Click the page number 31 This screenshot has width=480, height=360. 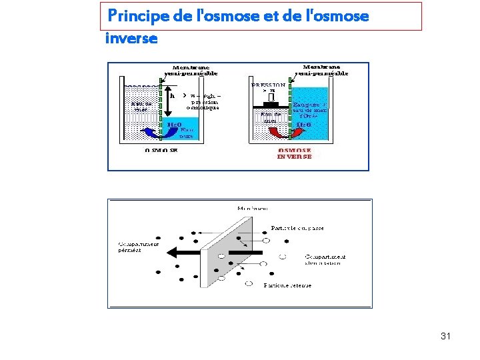pos(445,336)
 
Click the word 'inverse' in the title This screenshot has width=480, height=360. pos(131,39)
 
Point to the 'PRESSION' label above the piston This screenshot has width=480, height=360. pos(269,85)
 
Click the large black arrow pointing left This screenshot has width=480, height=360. pos(184,252)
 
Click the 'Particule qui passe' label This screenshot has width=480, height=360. pos(297,228)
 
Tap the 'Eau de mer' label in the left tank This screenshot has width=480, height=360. pos(141,107)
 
